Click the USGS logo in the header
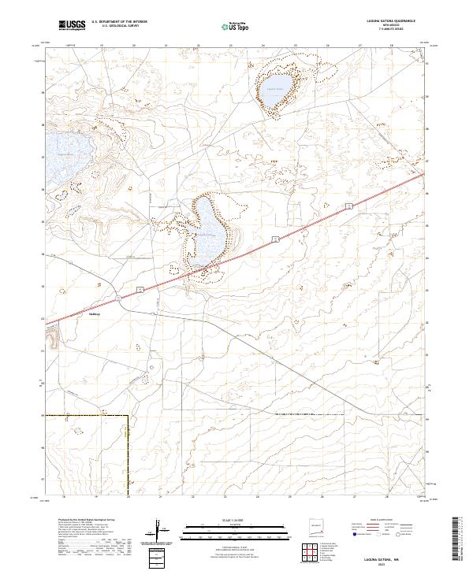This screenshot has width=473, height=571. tap(72, 26)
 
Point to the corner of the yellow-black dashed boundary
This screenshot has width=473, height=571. tap(128, 415)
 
